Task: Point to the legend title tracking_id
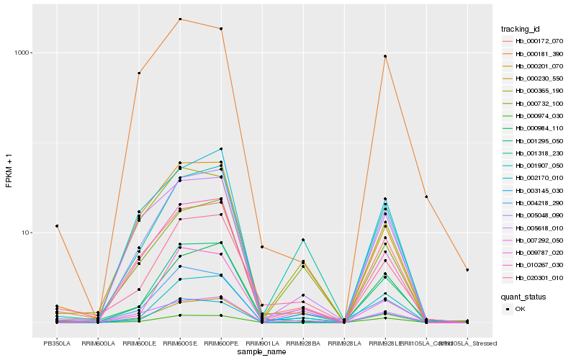[x=521, y=29]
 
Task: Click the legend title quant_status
[x=523, y=296]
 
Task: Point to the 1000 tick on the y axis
[x=22, y=53]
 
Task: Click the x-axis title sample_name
[x=262, y=352]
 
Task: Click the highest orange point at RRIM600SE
[x=180, y=19]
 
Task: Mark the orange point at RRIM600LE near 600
[x=139, y=73]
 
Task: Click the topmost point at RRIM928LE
[x=385, y=56]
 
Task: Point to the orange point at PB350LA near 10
[x=57, y=226]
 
